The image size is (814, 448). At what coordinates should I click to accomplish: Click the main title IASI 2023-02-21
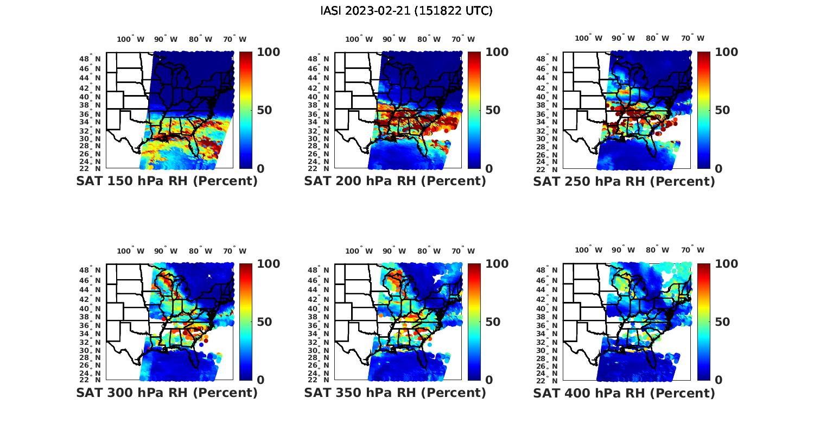406,11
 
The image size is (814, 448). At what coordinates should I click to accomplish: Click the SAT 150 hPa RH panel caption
167,181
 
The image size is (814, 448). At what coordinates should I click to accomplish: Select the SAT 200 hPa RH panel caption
395,181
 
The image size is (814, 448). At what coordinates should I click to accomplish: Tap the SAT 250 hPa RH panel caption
624,181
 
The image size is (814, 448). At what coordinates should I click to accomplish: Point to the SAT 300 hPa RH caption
167,393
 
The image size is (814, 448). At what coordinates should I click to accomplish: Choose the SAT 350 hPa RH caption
395,393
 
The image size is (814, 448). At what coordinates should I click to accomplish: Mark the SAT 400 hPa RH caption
624,393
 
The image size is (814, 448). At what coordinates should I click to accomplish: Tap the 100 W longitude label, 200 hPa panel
359,39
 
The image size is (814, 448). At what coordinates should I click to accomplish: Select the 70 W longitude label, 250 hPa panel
692,38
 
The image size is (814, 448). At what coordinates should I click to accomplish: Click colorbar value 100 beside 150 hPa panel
268,52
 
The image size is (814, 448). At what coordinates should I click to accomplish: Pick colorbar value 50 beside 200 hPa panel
493,110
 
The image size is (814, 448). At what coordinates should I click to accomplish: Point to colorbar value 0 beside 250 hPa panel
718,169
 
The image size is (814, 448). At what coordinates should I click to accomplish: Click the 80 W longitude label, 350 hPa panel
429,251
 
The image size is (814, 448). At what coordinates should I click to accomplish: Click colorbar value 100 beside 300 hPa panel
268,264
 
